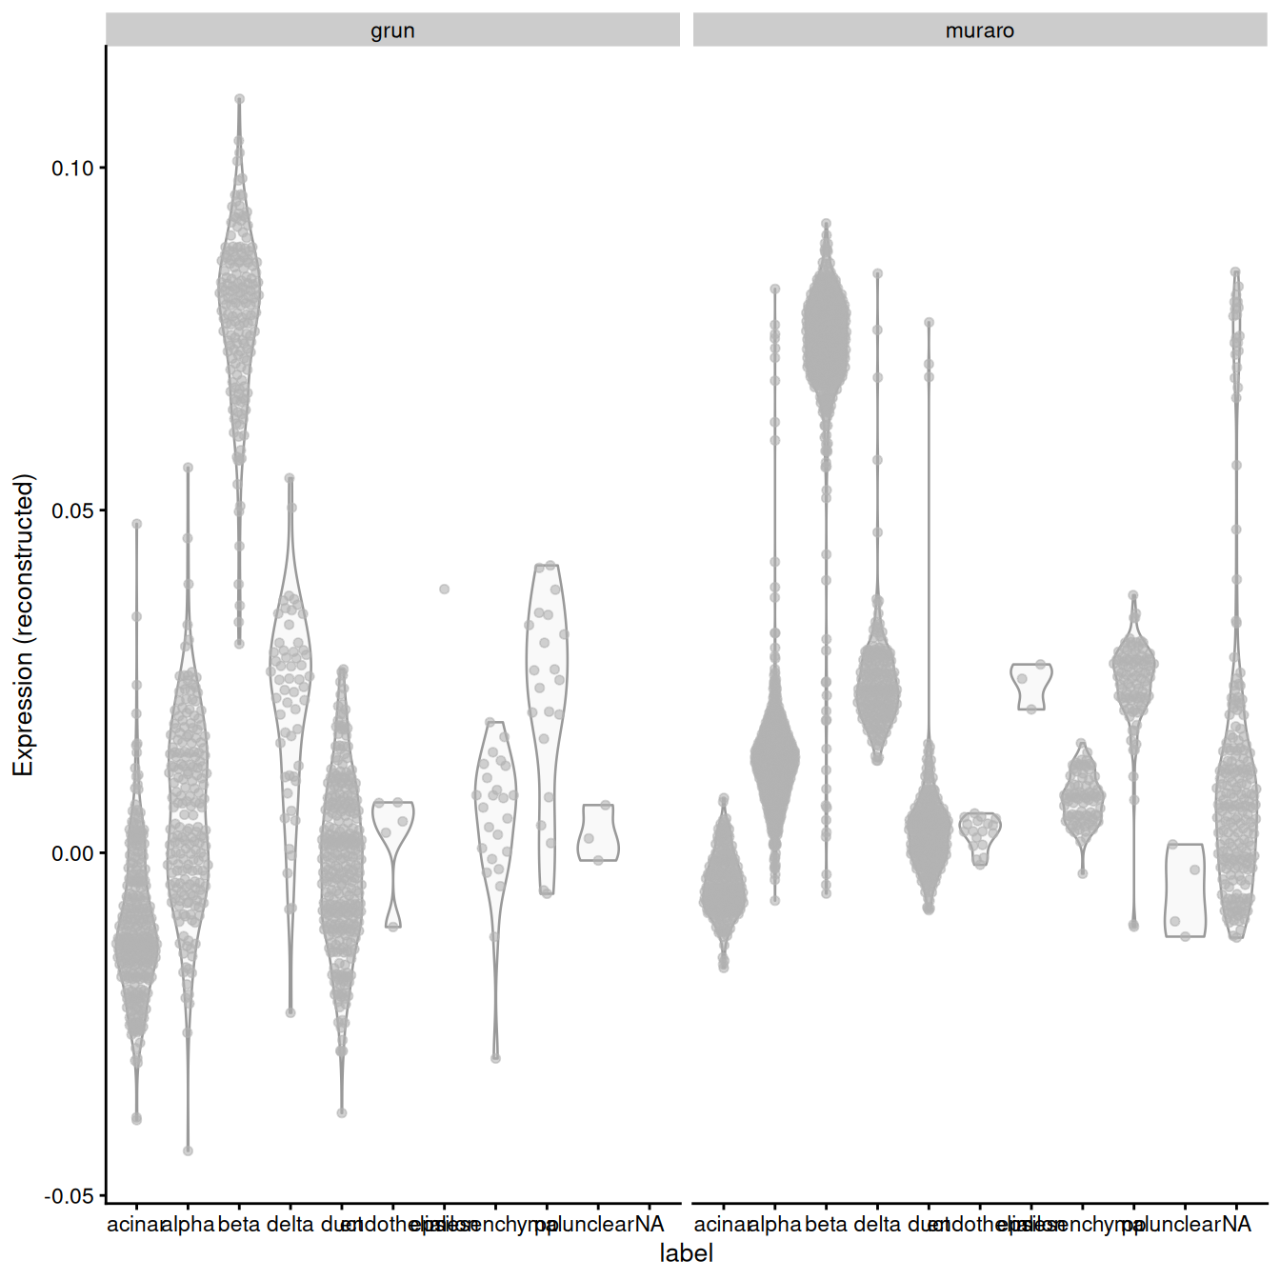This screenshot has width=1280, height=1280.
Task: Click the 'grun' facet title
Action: click(392, 30)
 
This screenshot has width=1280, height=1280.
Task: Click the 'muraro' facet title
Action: click(979, 30)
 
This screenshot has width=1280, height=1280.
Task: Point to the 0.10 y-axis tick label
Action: click(72, 169)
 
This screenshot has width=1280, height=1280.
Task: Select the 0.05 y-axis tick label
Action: click(72, 510)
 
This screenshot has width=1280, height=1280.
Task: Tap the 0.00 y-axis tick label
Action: click(72, 853)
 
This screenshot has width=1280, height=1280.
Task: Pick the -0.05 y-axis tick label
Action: click(70, 1196)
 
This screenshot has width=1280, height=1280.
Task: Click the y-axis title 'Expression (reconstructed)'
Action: click(23, 625)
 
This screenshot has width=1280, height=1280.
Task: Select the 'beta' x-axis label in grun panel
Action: click(239, 1225)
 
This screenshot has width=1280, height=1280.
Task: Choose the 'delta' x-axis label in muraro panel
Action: click(877, 1225)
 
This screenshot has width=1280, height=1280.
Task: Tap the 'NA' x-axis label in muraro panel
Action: click(1236, 1225)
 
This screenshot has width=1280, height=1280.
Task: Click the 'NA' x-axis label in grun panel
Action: click(650, 1225)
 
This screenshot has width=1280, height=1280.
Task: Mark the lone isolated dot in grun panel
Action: click(444, 590)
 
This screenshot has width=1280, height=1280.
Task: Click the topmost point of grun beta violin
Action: click(239, 99)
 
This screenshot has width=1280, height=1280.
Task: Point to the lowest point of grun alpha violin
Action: click(188, 1150)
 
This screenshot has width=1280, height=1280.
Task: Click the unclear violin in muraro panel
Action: click(1185, 890)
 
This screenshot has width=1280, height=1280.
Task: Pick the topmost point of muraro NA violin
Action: click(1235, 272)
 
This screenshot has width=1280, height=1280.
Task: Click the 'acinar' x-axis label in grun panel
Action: click(134, 1225)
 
